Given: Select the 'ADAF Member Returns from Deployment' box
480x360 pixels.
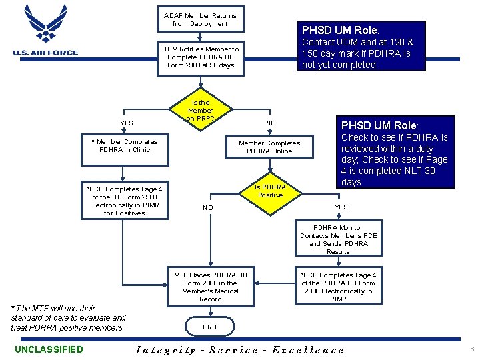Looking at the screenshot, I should click(x=200, y=19).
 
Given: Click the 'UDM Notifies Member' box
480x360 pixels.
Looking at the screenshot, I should click(x=200, y=57).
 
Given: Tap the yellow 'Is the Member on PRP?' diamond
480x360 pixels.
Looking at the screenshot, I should click(x=200, y=111).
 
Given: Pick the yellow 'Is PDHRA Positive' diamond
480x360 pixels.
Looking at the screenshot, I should click(x=270, y=191).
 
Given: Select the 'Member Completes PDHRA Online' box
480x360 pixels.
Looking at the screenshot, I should click(x=269, y=147).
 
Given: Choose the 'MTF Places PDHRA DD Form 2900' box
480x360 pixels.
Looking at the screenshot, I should click(x=210, y=287).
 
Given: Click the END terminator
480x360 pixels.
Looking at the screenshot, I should click(x=210, y=327).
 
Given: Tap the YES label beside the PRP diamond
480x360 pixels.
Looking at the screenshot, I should click(x=126, y=123).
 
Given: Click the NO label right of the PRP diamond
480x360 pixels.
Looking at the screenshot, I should click(x=271, y=123).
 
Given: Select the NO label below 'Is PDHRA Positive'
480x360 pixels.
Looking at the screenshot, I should click(x=209, y=208).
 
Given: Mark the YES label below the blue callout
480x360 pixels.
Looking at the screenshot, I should click(x=341, y=207).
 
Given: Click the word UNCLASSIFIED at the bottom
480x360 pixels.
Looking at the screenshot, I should click(x=49, y=349).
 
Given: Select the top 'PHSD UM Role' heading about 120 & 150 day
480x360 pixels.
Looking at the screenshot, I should click(x=340, y=31).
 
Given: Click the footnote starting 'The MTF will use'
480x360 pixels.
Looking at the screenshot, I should click(x=67, y=318).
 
